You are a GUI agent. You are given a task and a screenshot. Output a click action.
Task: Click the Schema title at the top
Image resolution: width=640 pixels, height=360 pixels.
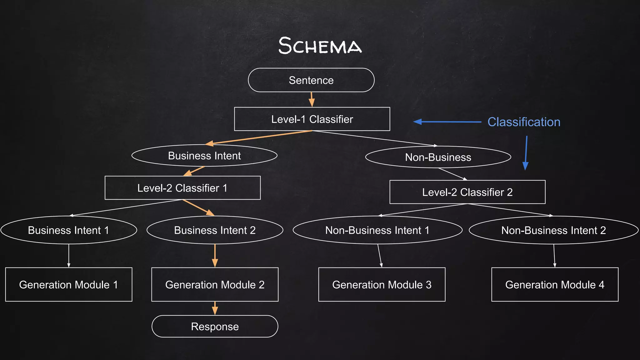(x=320, y=46)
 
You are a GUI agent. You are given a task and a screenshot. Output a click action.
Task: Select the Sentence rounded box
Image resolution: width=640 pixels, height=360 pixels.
(x=311, y=80)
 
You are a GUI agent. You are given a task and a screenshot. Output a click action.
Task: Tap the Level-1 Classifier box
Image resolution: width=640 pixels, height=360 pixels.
(x=312, y=119)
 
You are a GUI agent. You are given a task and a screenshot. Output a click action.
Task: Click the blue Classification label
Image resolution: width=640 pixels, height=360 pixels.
(x=524, y=122)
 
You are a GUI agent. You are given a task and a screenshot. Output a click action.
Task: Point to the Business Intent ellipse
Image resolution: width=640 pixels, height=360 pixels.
(x=204, y=156)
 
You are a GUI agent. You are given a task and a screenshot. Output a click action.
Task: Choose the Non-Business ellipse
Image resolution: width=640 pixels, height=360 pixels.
(x=438, y=157)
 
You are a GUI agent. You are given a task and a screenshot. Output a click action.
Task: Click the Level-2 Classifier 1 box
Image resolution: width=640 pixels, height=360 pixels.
(x=182, y=188)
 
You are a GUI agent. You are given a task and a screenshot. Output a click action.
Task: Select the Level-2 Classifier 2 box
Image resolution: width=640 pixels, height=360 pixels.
(x=467, y=192)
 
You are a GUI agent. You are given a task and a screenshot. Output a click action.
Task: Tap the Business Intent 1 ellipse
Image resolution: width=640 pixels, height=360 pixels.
(x=68, y=230)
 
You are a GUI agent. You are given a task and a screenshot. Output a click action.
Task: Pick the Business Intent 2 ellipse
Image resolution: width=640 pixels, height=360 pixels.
(x=215, y=230)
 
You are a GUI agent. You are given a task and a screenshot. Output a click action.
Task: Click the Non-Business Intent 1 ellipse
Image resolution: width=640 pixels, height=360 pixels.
(x=377, y=230)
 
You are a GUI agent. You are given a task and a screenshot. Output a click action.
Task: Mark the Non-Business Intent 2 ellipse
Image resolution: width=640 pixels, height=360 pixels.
(x=553, y=230)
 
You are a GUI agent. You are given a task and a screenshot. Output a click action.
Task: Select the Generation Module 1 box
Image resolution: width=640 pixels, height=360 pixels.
(x=68, y=284)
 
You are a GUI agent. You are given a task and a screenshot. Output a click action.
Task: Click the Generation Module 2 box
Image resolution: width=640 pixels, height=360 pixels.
(x=215, y=284)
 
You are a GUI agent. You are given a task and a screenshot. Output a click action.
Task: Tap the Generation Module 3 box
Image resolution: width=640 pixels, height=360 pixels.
(x=382, y=284)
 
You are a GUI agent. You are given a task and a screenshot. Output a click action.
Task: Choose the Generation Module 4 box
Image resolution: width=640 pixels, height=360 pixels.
(x=555, y=284)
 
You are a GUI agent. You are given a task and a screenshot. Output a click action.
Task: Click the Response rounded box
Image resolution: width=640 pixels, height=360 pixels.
(x=215, y=327)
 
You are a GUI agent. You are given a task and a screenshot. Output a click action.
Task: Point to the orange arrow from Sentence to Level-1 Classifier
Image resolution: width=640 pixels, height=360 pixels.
(x=312, y=100)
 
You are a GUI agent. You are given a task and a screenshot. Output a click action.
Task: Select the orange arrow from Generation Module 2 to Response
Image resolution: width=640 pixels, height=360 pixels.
(x=215, y=308)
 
